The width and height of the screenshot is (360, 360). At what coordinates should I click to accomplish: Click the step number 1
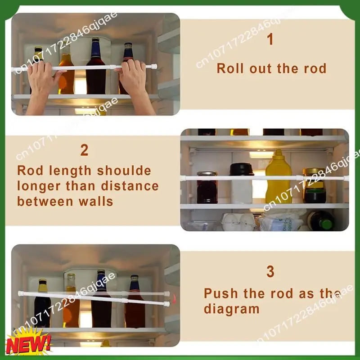pyautogui.click(x=270, y=39)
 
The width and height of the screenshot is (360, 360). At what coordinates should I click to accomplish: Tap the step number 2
pyautogui.click(x=84, y=150)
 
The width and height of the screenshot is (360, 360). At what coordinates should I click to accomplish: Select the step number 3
pyautogui.click(x=270, y=272)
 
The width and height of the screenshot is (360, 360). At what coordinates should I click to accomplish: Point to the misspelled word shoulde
pyautogui.click(x=124, y=171)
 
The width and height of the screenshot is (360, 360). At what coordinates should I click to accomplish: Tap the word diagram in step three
pyautogui.click(x=232, y=309)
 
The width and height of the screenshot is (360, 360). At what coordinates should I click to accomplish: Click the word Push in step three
pyautogui.click(x=221, y=293)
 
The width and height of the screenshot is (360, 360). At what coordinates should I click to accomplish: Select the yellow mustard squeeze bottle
pyautogui.click(x=278, y=177)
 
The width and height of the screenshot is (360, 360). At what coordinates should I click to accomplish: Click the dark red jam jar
pyautogui.click(x=207, y=188)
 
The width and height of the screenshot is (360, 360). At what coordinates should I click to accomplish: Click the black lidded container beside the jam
pyautogui.click(x=242, y=183)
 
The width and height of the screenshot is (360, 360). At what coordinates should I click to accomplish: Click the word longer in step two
pyautogui.click(x=39, y=186)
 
